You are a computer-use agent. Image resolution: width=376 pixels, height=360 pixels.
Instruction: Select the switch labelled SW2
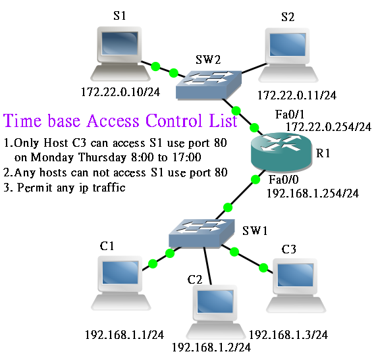[x=207, y=83]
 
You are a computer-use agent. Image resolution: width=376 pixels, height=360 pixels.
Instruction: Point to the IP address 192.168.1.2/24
[x=211, y=346]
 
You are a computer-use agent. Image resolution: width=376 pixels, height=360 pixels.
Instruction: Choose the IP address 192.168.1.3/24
[x=288, y=334]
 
